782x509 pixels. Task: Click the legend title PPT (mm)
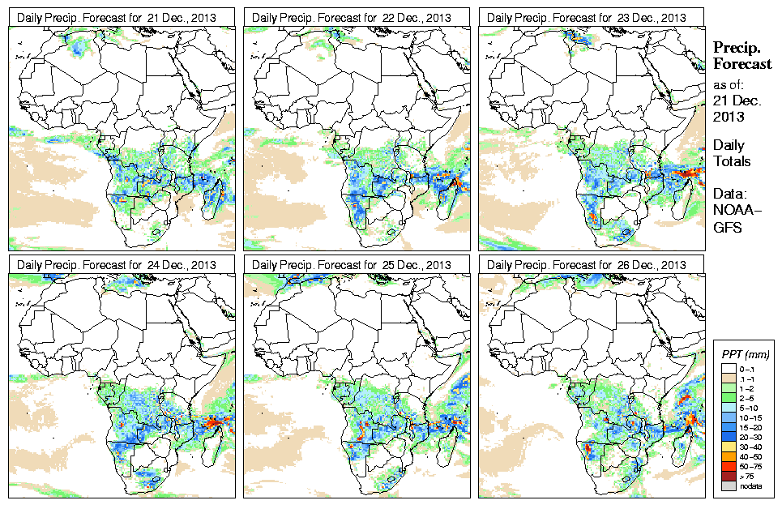(x=745, y=355)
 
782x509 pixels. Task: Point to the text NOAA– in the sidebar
(x=734, y=212)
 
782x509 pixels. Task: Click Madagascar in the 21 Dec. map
(x=215, y=195)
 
